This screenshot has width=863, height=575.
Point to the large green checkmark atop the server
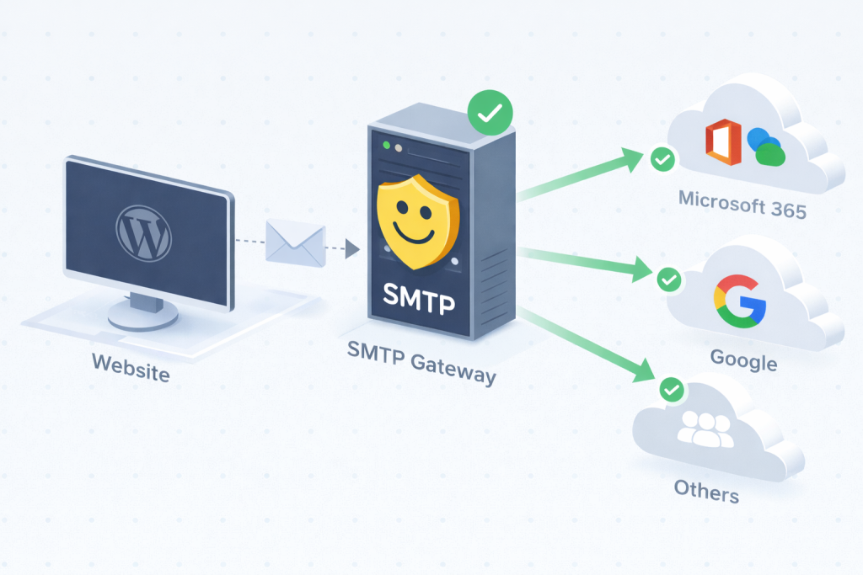(490, 111)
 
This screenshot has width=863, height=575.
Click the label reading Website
(131, 367)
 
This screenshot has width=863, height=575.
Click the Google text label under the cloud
(743, 360)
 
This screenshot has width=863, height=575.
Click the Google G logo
(739, 302)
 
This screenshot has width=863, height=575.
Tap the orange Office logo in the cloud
(722, 142)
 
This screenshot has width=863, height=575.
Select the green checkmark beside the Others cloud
(671, 389)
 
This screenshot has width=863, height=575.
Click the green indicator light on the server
(386, 146)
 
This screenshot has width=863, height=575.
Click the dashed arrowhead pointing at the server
(352, 249)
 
